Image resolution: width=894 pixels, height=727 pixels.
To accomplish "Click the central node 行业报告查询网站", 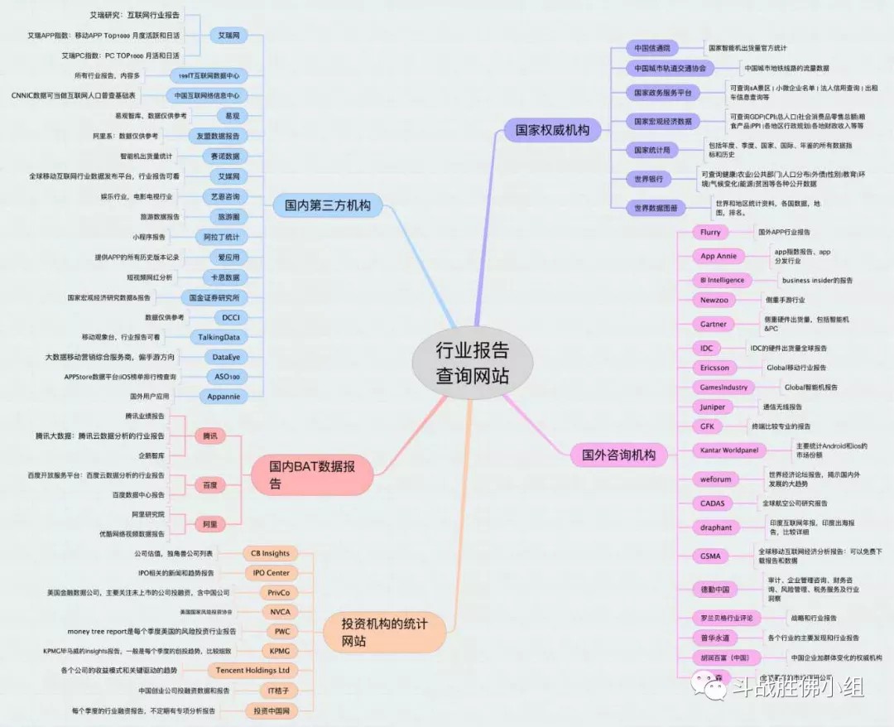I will tap(472, 363).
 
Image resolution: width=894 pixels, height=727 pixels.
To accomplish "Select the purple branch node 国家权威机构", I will tap(552, 129).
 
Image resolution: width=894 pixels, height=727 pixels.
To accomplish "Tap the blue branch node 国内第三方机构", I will tap(327, 205).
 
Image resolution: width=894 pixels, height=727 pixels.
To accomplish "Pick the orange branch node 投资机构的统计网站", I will tap(387, 632).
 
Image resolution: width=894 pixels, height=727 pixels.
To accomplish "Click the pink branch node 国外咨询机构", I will tap(618, 454).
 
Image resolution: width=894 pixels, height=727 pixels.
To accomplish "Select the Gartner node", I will tap(713, 324).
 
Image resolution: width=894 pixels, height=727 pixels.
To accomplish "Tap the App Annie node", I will tap(718, 256).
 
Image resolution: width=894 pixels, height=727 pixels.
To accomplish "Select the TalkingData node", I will tap(219, 337).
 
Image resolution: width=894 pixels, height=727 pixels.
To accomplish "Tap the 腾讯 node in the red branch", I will tap(209, 436).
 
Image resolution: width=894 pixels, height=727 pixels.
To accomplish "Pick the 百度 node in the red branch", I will tap(209, 484).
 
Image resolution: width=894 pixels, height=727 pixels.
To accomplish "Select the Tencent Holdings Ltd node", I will tap(252, 670).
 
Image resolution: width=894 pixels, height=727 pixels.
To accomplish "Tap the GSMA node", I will tap(709, 556).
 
